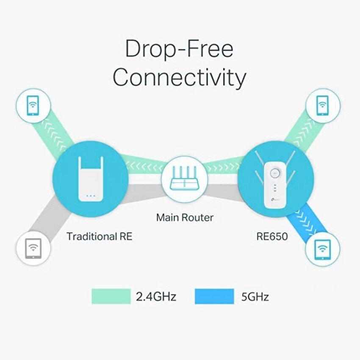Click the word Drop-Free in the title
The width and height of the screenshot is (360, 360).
coord(179,49)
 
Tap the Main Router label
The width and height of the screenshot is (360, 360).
coord(185,217)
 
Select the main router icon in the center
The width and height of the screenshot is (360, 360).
coord(184,178)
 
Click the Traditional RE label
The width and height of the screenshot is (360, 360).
coord(100,236)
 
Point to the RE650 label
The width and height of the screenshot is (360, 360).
coord(272,236)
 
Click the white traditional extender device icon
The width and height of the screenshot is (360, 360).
coord(91,179)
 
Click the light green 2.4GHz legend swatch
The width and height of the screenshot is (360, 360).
coord(111,296)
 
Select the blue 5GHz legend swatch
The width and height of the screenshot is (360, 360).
coord(214,296)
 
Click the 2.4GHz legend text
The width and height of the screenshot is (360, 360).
coord(156,296)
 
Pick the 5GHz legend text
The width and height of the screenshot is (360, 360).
coord(255,296)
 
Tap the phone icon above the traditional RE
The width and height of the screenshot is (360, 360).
coord(33,105)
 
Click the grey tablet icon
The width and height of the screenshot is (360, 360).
coord(33,249)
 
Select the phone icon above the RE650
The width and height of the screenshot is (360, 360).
coord(323,105)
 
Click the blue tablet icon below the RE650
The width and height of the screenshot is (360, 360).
coord(323,249)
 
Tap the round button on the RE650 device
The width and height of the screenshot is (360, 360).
coord(275,173)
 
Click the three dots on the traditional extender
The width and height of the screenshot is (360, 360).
coord(91,196)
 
